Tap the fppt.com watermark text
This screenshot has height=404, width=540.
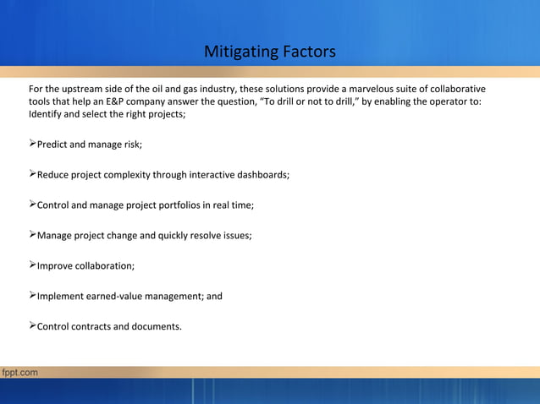(x=19, y=372)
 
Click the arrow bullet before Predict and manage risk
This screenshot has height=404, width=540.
(x=32, y=144)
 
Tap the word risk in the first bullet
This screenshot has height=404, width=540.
(x=130, y=145)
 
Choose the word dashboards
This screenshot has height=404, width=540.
(x=262, y=175)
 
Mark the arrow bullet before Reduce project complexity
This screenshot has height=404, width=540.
(x=32, y=174)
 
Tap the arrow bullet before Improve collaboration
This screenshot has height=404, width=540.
(x=32, y=265)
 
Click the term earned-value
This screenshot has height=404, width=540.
(x=114, y=297)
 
